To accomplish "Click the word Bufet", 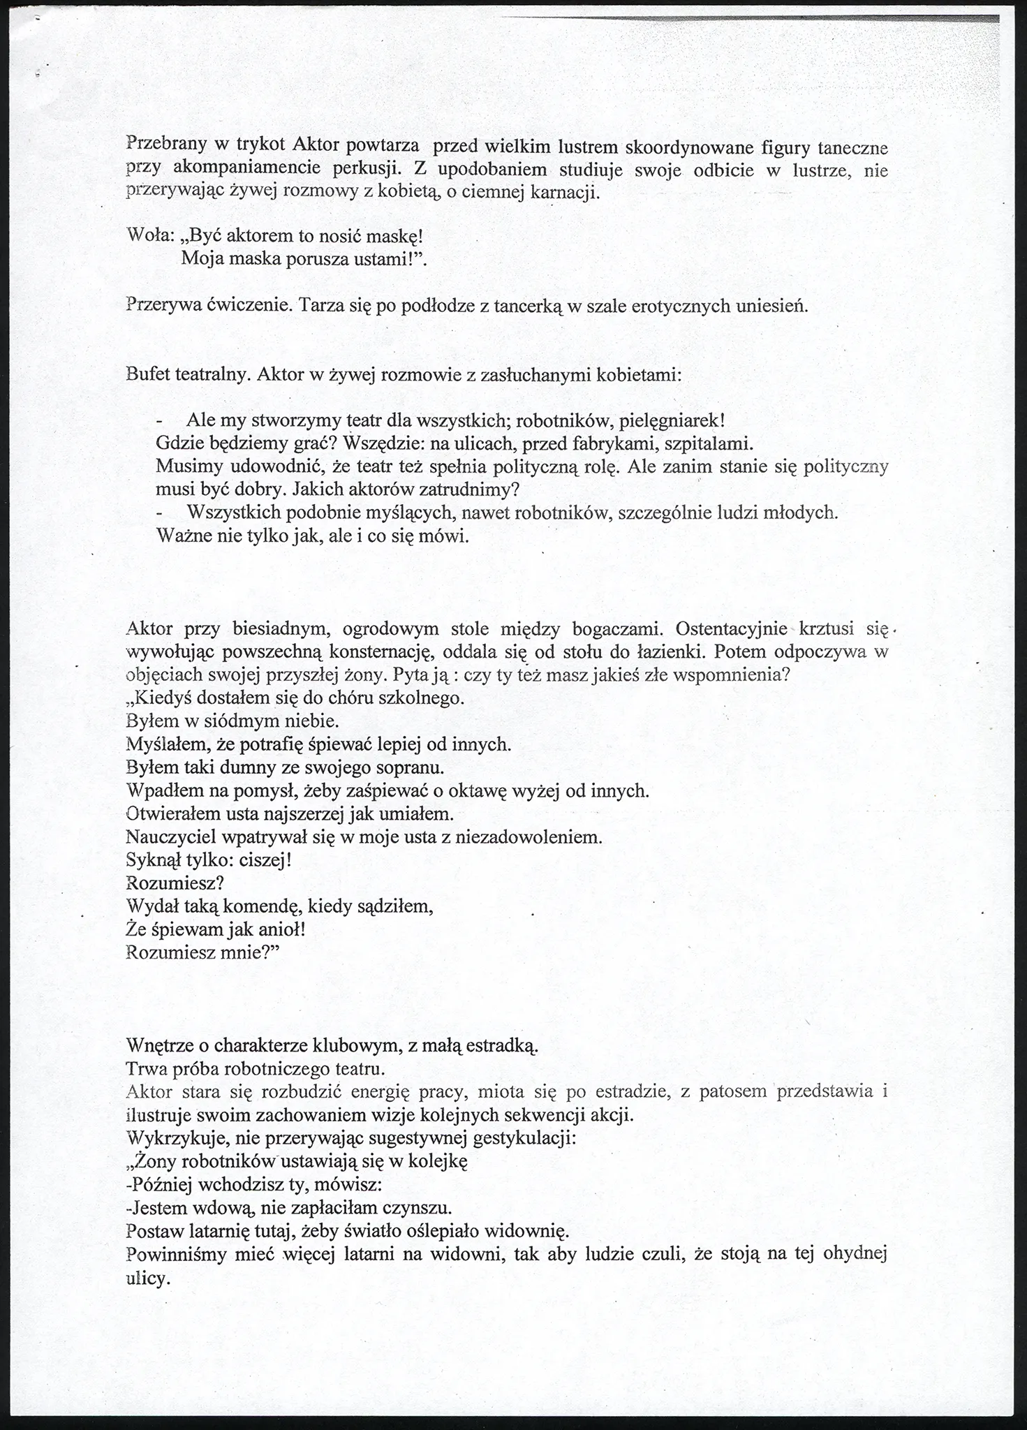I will click(149, 374).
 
